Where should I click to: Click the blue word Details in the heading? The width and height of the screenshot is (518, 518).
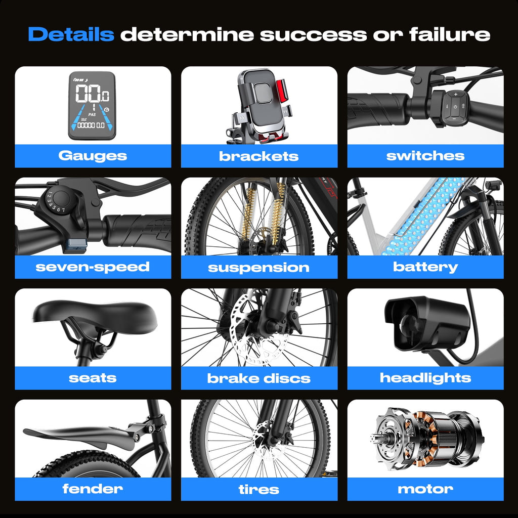[71, 34]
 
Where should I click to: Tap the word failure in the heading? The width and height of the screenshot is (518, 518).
[450, 34]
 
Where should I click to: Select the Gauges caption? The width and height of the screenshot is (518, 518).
[93, 156]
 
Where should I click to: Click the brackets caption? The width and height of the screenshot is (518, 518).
[258, 156]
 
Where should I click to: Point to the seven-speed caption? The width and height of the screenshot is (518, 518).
[93, 267]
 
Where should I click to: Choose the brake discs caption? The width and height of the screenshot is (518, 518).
[258, 378]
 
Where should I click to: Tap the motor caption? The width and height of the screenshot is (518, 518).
[425, 489]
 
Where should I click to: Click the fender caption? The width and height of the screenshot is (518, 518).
[93, 489]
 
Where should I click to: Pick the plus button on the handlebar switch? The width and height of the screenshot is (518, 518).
[456, 95]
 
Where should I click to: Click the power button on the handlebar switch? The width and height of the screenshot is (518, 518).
[455, 106]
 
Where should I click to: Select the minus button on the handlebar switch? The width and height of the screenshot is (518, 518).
[454, 118]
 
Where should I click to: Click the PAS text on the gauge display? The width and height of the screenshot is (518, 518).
[92, 115]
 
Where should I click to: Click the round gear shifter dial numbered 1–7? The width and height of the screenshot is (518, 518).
[61, 199]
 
